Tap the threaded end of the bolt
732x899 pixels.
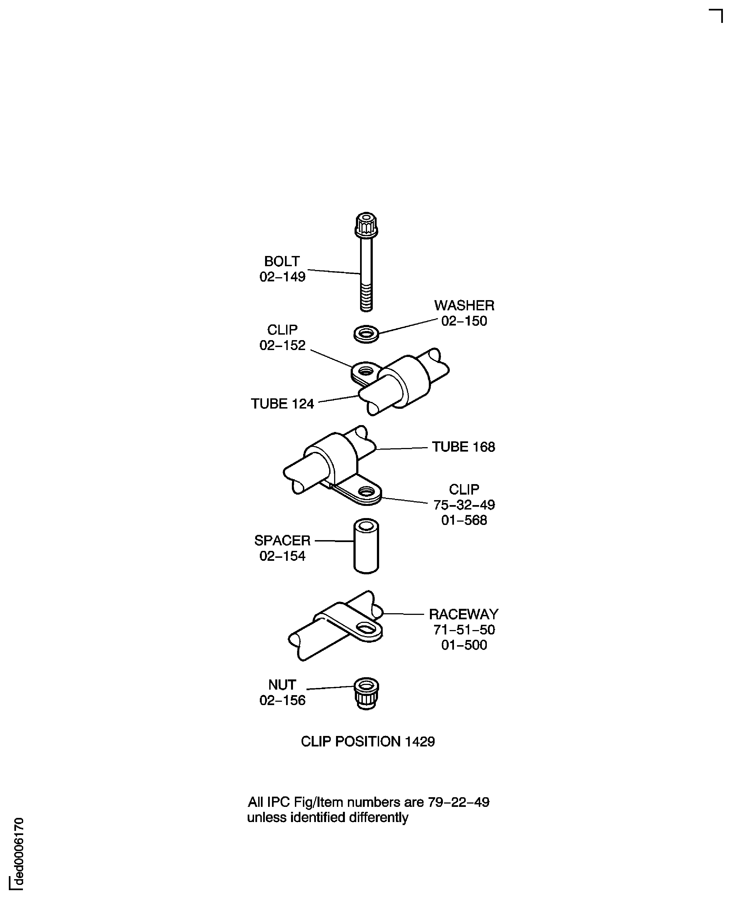pyautogui.click(x=366, y=297)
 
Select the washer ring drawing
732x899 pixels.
pyautogui.click(x=366, y=334)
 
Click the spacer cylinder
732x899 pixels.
pyautogui.click(x=366, y=546)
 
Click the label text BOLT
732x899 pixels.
pyautogui.click(x=282, y=262)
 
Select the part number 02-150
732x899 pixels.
pyautogui.click(x=464, y=321)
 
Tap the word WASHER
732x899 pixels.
pyautogui.click(x=464, y=305)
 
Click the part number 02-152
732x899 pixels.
pyautogui.click(x=282, y=345)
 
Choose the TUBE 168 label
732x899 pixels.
pyautogui.click(x=463, y=447)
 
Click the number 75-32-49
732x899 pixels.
pyautogui.click(x=464, y=505)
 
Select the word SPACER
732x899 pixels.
pyautogui.click(x=282, y=540)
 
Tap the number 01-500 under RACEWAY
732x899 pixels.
pyautogui.click(x=464, y=645)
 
